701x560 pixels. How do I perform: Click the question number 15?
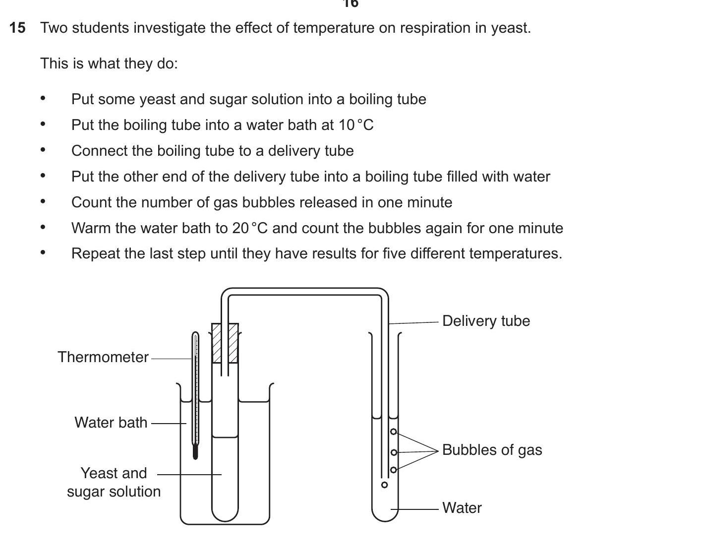(x=17, y=28)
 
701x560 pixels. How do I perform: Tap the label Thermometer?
(x=103, y=357)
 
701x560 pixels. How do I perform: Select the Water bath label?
(x=111, y=423)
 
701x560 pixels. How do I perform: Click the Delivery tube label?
(x=486, y=321)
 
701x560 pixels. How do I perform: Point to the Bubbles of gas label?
(x=492, y=450)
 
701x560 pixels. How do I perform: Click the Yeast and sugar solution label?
(x=114, y=482)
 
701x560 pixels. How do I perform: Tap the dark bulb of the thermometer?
(x=195, y=452)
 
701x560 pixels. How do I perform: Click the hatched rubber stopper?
(x=225, y=343)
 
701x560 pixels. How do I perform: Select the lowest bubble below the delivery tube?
(x=384, y=485)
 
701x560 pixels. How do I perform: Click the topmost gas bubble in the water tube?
(x=394, y=432)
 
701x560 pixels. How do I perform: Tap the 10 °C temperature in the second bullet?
(x=356, y=125)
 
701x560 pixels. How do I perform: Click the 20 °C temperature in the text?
(x=250, y=228)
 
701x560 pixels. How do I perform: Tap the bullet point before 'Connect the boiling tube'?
(x=43, y=150)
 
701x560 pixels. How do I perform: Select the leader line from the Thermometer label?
(x=171, y=358)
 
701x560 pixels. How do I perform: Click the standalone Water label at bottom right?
(x=462, y=508)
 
